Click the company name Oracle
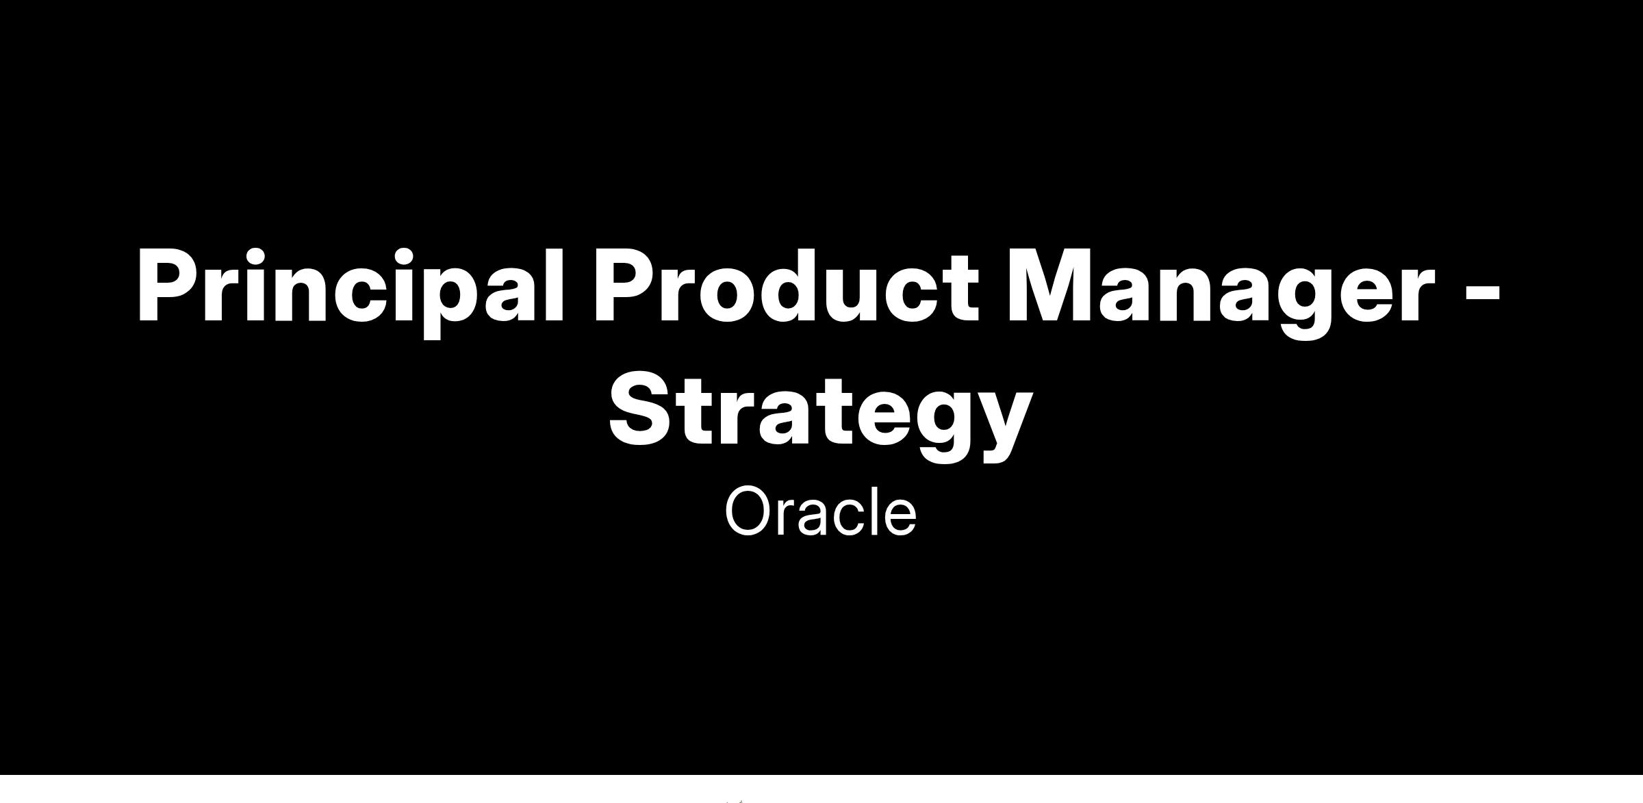tap(821, 511)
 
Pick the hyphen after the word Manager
tap(1483, 292)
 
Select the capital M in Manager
tap(1053, 285)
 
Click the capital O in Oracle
tap(750, 511)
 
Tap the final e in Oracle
tap(899, 518)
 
